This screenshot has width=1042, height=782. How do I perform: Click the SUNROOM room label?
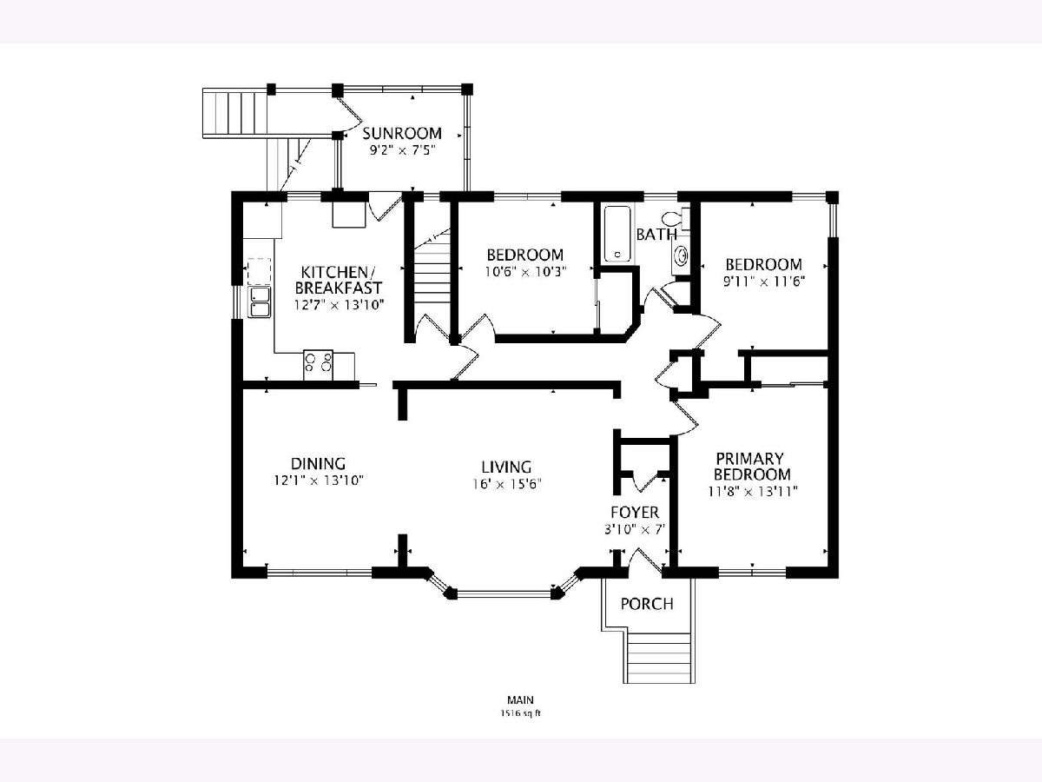pos(402,134)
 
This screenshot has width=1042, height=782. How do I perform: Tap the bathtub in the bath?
pos(617,234)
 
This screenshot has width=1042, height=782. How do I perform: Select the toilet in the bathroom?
pos(676,219)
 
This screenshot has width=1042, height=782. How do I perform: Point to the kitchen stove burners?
pos(318,361)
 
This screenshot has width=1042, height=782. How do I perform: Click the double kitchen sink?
pos(259,302)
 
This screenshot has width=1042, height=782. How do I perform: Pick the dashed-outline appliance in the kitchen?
pos(259,271)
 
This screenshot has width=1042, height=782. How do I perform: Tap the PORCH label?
pos(647,604)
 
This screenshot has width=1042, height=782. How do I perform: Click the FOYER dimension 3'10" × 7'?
pos(635,529)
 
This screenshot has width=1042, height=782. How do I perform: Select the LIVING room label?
pos(506,467)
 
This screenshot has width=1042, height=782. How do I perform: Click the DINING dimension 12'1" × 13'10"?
pos(319,480)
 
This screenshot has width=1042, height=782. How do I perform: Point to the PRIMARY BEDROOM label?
pos(753,467)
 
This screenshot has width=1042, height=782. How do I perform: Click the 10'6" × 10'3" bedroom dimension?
pos(526,272)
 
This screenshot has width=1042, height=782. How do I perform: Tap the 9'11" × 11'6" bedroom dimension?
pos(764,282)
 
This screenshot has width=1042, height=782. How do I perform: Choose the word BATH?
pos(656,235)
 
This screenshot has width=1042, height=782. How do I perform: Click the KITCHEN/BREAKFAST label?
pos(339,280)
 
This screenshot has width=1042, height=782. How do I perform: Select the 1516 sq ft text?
pos(520,713)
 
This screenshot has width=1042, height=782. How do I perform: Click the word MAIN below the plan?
pos(520,699)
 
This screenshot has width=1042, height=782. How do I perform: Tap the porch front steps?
pos(659,658)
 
